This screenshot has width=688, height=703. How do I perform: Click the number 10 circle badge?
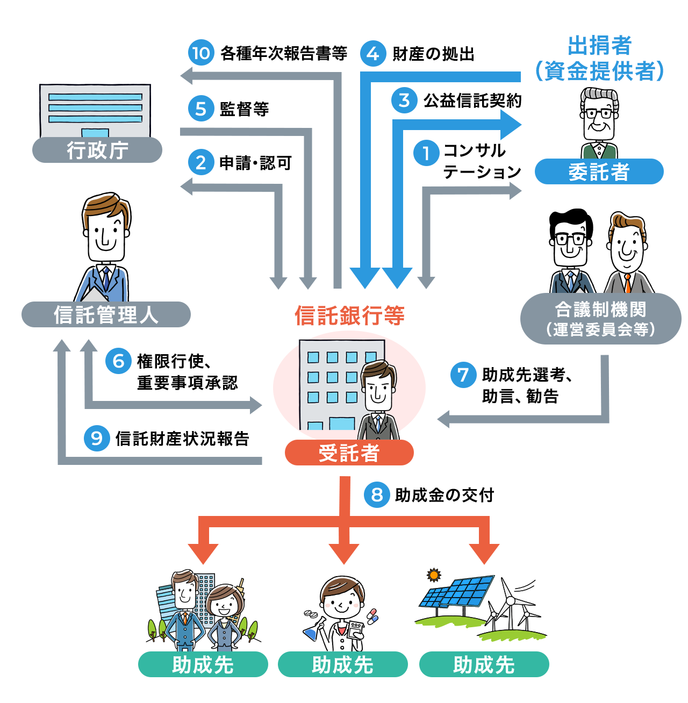201,53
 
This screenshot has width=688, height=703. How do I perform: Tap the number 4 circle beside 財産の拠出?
373,53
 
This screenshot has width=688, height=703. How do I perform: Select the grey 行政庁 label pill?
97,150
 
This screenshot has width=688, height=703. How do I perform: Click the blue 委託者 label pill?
599,171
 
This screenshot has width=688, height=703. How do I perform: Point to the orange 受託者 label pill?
349,453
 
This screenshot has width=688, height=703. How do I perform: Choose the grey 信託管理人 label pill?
106,314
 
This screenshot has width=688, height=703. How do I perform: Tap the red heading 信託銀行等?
349,315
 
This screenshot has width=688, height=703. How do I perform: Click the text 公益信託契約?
472,101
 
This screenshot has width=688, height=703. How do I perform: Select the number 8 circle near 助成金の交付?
377,494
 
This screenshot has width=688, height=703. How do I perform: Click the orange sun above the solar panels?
434,575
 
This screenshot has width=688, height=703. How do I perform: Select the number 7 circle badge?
463,375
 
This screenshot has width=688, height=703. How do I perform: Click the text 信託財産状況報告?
182,439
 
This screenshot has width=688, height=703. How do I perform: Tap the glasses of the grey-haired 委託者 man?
598,113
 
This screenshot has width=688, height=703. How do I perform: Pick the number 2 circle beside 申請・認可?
201,162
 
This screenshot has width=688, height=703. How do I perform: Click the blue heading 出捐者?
599,46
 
